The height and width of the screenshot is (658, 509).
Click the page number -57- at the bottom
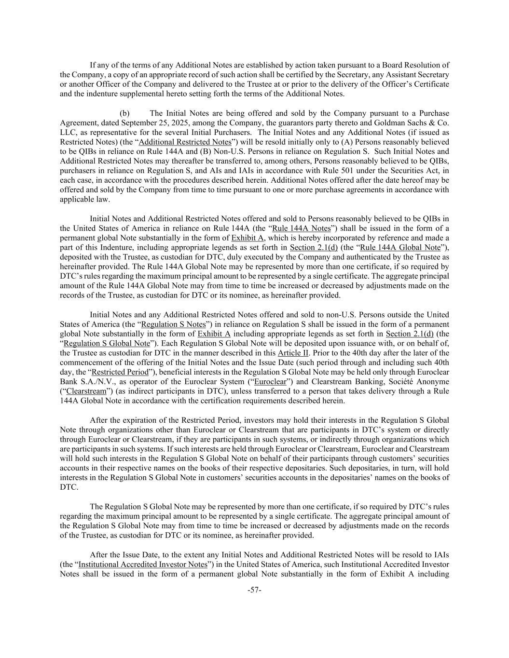tap(254, 590)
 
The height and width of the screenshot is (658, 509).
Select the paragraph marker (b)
tap(125, 113)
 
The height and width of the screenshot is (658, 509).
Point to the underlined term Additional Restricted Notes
tap(185, 142)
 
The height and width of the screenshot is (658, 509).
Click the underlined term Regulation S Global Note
tap(107, 344)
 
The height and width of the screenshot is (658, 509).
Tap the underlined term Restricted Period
tap(114, 372)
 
